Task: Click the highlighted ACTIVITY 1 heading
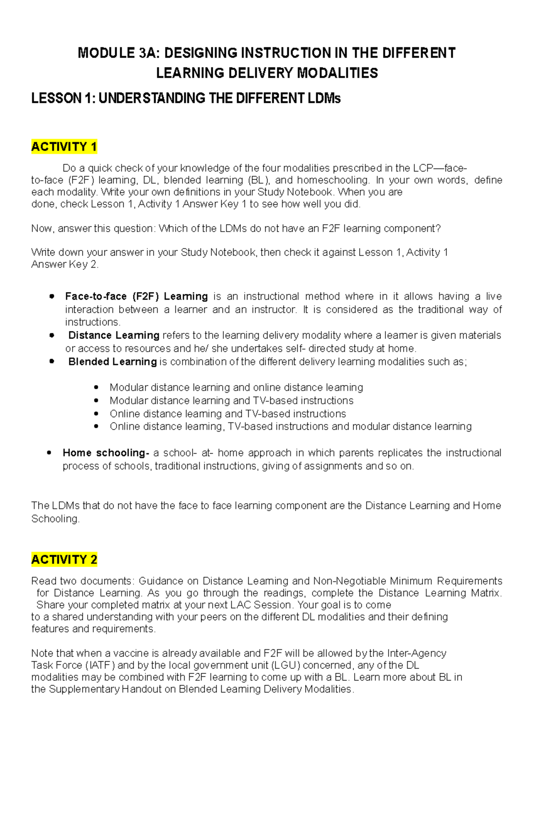pos(64,146)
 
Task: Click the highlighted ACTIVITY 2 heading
pos(64,559)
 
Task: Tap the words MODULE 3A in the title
pos(118,53)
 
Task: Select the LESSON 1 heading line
pos(186,98)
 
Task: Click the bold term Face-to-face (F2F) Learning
pos(136,297)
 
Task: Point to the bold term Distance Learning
pos(113,335)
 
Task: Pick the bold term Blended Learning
pos(112,362)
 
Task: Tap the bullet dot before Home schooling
pos(49,453)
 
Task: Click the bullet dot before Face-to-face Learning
pos(52,297)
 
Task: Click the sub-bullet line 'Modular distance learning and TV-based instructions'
pos(231,400)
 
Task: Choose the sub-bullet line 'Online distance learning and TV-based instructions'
pos(228,414)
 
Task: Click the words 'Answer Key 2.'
pos(65,264)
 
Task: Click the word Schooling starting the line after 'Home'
pos(55,519)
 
